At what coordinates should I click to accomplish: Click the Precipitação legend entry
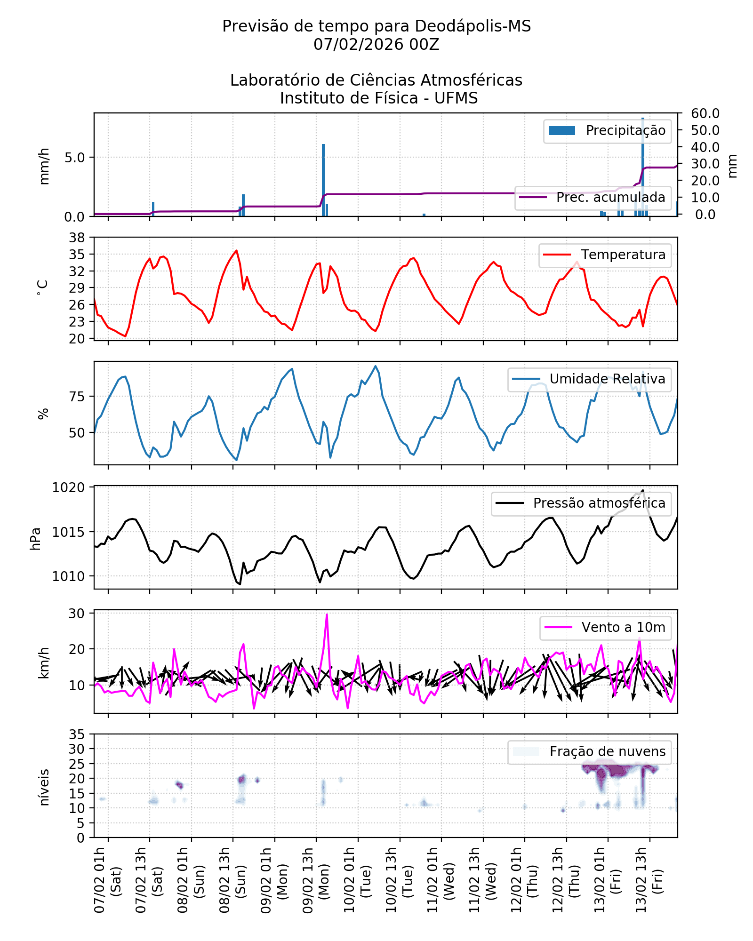607,131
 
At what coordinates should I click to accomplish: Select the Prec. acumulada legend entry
593,198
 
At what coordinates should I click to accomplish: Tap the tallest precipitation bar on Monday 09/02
323,179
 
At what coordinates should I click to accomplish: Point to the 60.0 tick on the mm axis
705,113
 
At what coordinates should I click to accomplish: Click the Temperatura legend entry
605,255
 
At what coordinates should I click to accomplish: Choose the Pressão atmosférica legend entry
582,503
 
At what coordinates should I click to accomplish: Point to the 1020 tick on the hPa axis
68,488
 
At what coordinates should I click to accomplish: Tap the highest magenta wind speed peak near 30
327,614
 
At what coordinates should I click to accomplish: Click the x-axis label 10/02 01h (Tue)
357,880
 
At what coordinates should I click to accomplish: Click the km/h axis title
44,662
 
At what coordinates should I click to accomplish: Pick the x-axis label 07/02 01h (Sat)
107,880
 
